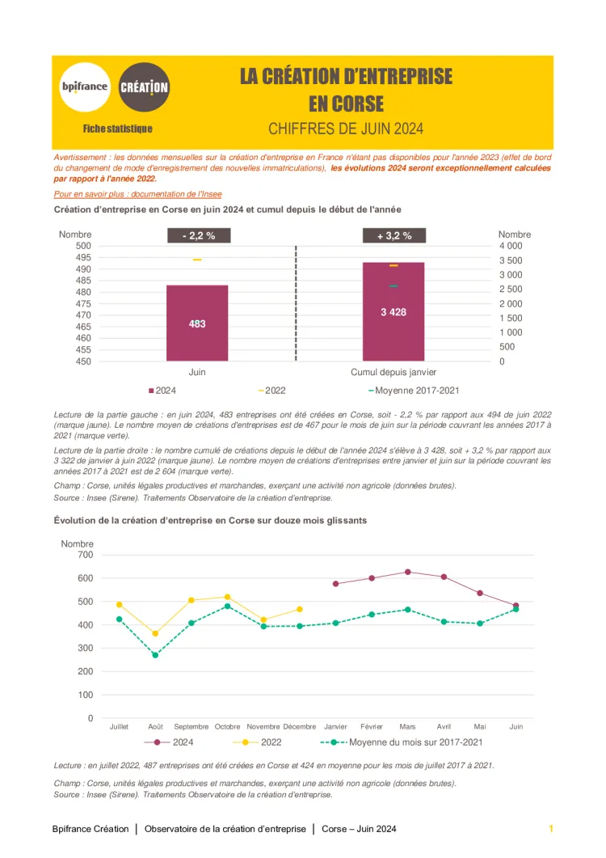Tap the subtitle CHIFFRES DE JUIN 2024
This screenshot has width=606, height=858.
click(346, 129)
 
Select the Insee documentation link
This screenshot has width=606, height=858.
click(137, 194)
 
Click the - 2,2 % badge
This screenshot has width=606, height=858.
click(198, 235)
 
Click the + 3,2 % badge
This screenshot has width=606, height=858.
click(394, 235)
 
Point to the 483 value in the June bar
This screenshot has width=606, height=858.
click(197, 323)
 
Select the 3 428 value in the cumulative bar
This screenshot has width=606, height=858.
click(393, 312)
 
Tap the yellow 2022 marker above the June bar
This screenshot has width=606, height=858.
click(197, 260)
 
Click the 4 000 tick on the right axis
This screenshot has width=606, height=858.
click(511, 246)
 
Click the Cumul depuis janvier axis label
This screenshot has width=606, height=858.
click(393, 372)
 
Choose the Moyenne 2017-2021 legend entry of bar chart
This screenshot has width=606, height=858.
click(414, 391)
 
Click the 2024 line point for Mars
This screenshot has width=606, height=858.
click(408, 572)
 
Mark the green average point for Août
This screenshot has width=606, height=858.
click(155, 655)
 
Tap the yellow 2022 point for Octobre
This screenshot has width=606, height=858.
click(227, 597)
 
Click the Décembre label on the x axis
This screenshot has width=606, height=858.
click(300, 727)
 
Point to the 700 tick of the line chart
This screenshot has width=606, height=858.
click(85, 555)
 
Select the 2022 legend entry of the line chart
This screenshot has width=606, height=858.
click(259, 742)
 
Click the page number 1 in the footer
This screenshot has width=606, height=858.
click(551, 829)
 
